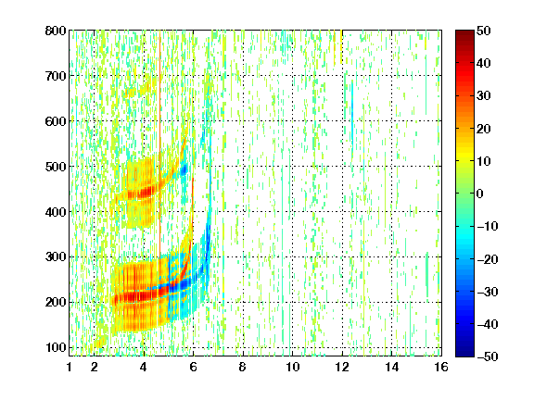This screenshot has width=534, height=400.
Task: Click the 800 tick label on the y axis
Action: (x=56, y=31)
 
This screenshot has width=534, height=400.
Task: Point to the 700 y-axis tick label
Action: (x=56, y=76)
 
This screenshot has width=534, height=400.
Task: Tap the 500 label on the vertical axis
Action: (x=56, y=167)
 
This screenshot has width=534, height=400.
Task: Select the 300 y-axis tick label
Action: (x=56, y=257)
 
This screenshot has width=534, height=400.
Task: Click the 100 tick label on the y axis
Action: (x=56, y=347)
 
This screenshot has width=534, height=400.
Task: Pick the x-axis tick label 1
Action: (x=70, y=367)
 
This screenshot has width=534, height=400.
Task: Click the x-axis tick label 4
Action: (x=144, y=367)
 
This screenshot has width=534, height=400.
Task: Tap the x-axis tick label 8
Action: (x=242, y=367)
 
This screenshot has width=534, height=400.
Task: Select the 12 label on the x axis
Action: (x=342, y=367)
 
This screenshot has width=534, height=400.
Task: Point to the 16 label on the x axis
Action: (x=441, y=367)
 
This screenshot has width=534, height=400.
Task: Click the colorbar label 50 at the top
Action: (x=484, y=31)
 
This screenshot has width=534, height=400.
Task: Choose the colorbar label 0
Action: (x=480, y=194)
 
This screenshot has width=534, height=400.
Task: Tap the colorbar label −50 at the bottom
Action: (x=488, y=356)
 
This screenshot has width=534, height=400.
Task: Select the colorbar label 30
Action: (x=484, y=96)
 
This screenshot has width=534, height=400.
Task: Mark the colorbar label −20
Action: (x=488, y=259)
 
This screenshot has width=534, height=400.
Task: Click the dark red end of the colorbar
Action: (x=464, y=33)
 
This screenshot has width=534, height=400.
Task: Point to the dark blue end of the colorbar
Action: (x=464, y=353)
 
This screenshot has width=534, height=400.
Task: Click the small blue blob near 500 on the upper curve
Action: (x=184, y=169)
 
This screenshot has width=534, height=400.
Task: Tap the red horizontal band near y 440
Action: (x=141, y=194)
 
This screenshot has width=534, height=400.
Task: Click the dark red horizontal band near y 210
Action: (x=136, y=297)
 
